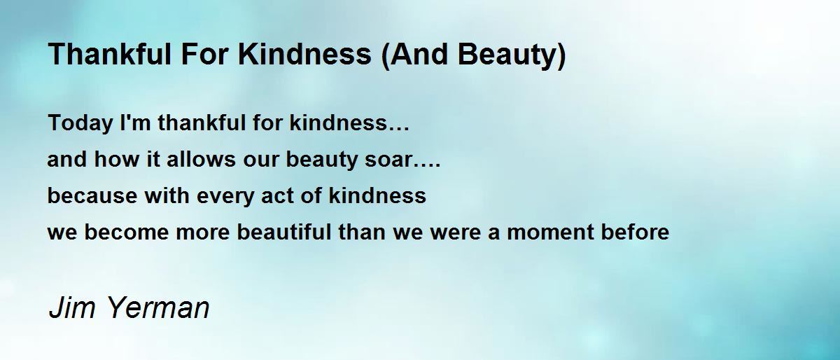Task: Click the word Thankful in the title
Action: (x=110, y=55)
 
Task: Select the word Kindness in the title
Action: (x=304, y=55)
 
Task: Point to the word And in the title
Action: (x=419, y=55)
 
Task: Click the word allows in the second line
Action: (x=201, y=159)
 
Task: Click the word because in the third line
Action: (x=92, y=195)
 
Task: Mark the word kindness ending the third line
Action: (x=377, y=195)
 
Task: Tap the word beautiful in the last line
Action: (x=284, y=232)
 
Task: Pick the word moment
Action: (x=550, y=233)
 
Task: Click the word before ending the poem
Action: (x=636, y=232)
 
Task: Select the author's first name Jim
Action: (x=72, y=307)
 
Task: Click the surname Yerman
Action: (x=159, y=307)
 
